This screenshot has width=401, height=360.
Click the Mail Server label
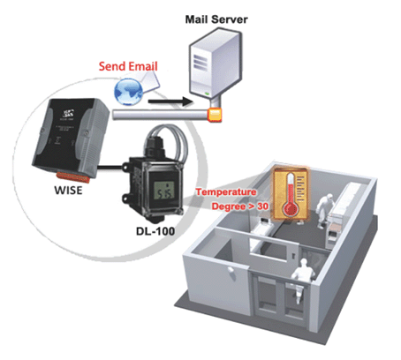pyautogui.click(x=216, y=19)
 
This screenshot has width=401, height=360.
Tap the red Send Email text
pyautogui.click(x=128, y=66)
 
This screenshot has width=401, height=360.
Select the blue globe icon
pyautogui.click(x=128, y=92)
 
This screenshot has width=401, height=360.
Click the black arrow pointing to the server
pyautogui.click(x=170, y=101)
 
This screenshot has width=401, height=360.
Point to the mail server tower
pyautogui.click(x=216, y=64)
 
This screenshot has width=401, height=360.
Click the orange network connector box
pyautogui.click(x=215, y=115)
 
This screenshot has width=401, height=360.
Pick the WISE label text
pyautogui.click(x=68, y=191)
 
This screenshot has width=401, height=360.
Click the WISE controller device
pyautogui.click(x=71, y=139)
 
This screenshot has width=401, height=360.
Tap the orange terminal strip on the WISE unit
pyautogui.click(x=72, y=176)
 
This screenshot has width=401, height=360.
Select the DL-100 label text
pyautogui.click(x=155, y=231)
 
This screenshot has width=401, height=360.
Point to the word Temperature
pyautogui.click(x=226, y=192)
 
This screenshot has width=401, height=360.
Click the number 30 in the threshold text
pyautogui.click(x=262, y=206)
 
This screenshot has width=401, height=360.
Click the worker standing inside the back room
pyautogui.click(x=323, y=210)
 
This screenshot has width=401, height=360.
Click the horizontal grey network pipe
pyautogui.click(x=161, y=114)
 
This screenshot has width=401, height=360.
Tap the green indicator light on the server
pyautogui.click(x=207, y=94)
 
